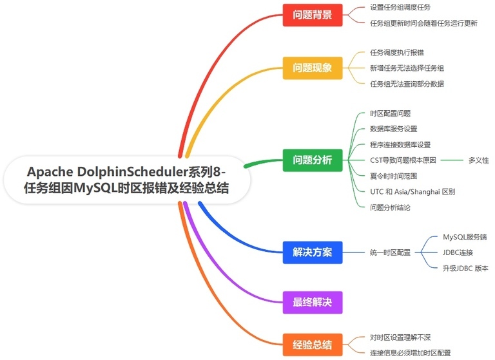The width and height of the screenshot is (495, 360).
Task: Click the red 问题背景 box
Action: [313, 15]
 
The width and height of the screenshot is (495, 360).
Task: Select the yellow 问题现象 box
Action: [313, 68]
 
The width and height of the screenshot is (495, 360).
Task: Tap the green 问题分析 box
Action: [313, 160]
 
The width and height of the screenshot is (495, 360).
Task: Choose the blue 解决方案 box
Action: [313, 252]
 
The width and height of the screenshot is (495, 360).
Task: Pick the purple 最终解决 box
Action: [313, 302]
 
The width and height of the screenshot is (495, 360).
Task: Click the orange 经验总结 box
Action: [313, 345]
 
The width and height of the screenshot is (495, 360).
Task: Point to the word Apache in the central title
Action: [50, 172]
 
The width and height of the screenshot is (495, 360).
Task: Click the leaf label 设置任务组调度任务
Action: [400, 7]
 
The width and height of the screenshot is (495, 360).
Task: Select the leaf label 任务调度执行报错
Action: [397, 52]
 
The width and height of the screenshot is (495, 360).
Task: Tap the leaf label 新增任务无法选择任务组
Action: [407, 68]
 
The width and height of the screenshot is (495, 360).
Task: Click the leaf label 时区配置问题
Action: [390, 113]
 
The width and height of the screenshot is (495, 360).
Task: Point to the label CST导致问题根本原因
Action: [403, 160]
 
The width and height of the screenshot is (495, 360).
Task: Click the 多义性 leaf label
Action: [478, 160]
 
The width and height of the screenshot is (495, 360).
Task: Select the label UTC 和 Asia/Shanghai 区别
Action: [412, 191]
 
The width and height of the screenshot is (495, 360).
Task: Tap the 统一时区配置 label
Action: [390, 252]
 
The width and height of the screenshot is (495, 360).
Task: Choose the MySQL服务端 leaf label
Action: [465, 237]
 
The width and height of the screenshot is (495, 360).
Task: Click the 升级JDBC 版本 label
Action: [465, 268]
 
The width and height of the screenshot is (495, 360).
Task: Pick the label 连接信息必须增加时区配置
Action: [411, 353]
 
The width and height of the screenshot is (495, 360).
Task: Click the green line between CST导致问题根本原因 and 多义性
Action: [452, 160]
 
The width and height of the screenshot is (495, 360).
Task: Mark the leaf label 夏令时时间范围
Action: [393, 176]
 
